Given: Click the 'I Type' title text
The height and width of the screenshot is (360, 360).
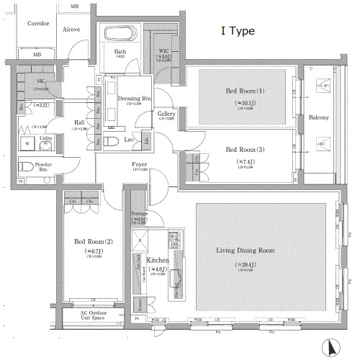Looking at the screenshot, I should [x=237, y=32].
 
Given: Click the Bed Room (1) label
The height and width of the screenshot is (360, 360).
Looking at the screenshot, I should [x=235, y=91].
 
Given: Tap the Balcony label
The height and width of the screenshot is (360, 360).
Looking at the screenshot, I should [x=319, y=117].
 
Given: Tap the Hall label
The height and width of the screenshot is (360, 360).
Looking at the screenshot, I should [x=81, y=123].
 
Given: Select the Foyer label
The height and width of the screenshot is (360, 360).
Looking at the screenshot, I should [x=139, y=165].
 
